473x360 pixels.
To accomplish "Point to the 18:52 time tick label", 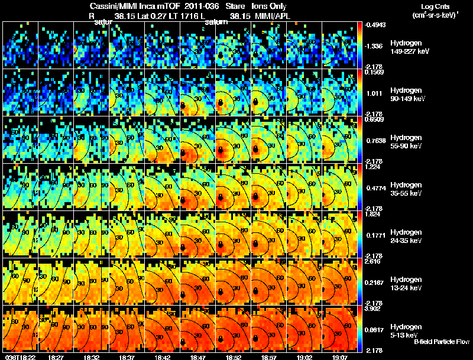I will (x=233, y=356).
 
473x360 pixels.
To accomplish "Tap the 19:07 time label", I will (x=339, y=356).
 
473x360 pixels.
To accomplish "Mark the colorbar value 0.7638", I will (x=374, y=140).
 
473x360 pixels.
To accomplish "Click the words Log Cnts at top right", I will (x=432, y=5).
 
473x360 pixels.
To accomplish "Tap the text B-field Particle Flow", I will (x=442, y=342).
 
